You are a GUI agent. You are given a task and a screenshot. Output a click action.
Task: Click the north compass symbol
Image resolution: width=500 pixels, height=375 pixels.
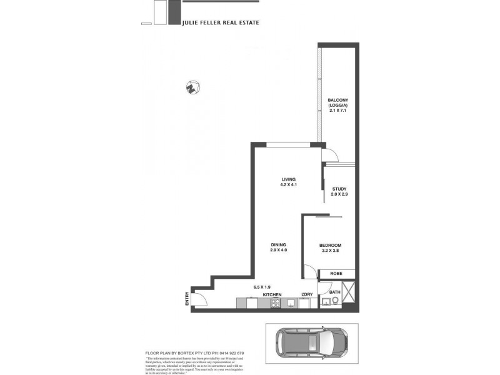(x=192, y=87)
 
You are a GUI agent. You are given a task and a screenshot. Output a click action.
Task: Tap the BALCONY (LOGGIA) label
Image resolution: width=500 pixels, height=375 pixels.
(x=337, y=105)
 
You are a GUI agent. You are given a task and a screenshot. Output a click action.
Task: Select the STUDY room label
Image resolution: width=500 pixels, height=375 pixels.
(x=339, y=192)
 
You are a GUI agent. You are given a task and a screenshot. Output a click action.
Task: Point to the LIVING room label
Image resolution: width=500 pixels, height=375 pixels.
(x=288, y=182)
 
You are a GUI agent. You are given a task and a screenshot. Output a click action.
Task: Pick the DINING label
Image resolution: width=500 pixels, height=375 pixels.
(x=279, y=247)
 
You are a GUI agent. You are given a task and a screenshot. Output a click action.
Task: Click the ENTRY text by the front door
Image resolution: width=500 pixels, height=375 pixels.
(x=187, y=299)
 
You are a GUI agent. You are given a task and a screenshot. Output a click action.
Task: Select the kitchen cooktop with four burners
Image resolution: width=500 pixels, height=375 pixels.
(x=274, y=303)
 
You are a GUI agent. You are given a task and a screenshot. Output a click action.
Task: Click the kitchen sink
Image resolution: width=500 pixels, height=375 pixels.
(x=291, y=303)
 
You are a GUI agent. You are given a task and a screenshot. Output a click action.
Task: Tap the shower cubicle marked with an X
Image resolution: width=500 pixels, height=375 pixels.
(x=349, y=293)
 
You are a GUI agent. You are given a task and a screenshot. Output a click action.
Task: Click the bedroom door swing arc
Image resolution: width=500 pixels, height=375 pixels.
(x=308, y=271)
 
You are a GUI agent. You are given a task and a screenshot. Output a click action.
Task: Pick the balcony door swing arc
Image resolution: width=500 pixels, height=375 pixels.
(x=329, y=155)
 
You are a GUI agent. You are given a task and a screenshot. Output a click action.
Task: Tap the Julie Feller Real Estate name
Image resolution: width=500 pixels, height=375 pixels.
(x=220, y=22)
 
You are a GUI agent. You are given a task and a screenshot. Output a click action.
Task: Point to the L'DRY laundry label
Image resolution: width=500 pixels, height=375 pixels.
(x=306, y=294)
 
